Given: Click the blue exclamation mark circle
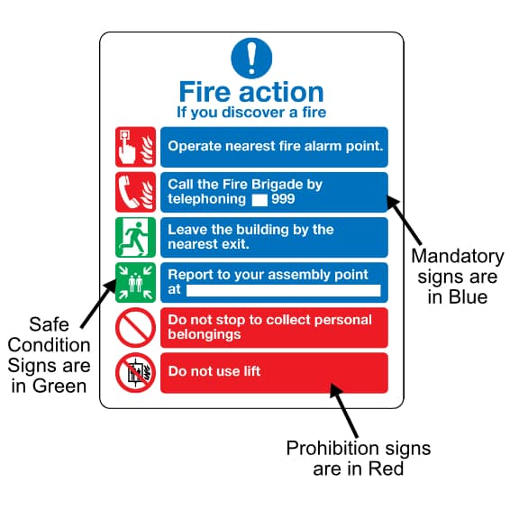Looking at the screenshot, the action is (x=251, y=59).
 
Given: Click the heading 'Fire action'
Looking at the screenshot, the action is (x=251, y=92).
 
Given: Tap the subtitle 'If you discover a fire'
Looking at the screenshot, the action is (x=251, y=113).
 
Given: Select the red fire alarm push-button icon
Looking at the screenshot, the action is (x=135, y=147).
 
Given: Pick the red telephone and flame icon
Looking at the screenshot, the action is (x=135, y=192).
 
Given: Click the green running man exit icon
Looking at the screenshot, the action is (x=135, y=237).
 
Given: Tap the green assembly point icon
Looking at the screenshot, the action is (x=135, y=283).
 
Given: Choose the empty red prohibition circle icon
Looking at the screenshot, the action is (x=135, y=328).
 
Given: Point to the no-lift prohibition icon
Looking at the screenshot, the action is (x=135, y=373).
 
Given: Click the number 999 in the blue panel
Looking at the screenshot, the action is (x=283, y=199).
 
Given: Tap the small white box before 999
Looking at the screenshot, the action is (x=259, y=200).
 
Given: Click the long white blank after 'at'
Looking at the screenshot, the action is (x=283, y=291).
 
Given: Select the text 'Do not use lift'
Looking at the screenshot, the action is (x=214, y=371).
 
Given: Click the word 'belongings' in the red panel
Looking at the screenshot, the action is (x=205, y=334).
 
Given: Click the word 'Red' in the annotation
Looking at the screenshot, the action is (x=386, y=469).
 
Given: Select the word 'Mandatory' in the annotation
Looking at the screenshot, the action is (x=458, y=257).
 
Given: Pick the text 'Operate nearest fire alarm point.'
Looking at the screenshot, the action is (x=276, y=146).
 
